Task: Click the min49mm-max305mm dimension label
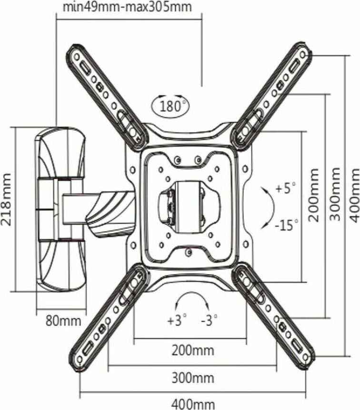click(x=127, y=8)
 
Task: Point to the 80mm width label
click(x=63, y=320)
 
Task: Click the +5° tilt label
click(x=286, y=188)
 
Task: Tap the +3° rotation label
click(x=177, y=320)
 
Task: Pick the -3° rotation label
click(x=209, y=320)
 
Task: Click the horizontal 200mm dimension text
click(x=193, y=351)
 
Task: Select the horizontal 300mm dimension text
click(x=193, y=379)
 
